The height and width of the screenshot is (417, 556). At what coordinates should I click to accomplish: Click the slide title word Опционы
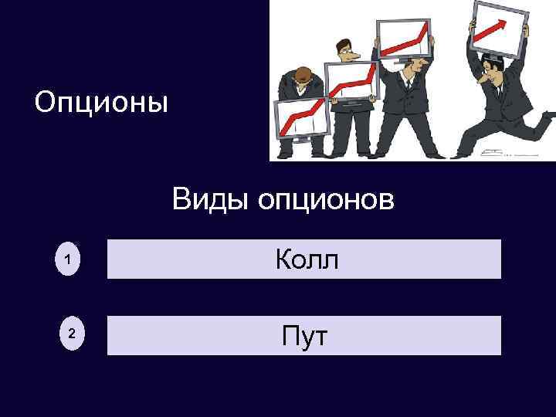101,102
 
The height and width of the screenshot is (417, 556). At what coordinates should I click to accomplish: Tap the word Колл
307,259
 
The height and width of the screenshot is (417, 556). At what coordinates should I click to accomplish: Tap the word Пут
305,336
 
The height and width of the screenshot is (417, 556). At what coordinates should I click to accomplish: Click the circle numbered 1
68,263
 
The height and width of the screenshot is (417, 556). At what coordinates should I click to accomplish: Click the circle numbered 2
71,334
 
